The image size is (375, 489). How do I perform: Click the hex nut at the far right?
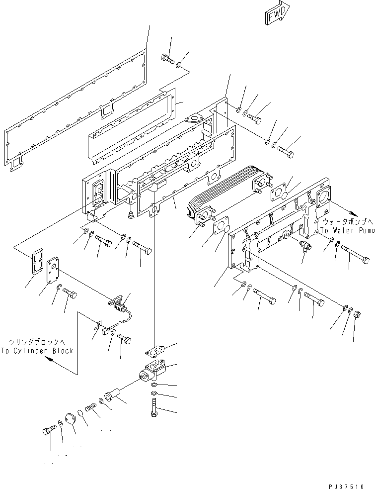coord(356,314)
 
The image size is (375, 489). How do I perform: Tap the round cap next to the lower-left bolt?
coord(71,419)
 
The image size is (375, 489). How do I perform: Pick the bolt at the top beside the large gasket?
coord(168,60)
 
